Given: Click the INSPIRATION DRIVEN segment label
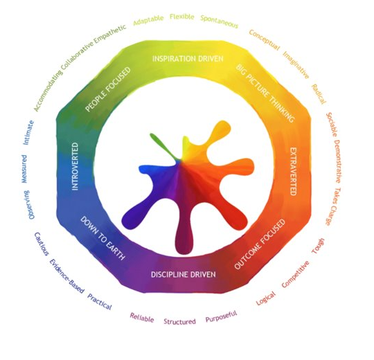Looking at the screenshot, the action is pos(188,59).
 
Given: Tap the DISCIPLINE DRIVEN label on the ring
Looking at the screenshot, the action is pos(183,274).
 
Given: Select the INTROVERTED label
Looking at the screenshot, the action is pos(75,166).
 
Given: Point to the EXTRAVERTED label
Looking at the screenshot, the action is pos(293,172).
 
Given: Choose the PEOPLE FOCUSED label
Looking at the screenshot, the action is pos(108,89).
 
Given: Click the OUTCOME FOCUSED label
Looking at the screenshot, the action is pos(260,244).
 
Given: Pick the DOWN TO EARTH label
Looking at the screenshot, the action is pos(103,238).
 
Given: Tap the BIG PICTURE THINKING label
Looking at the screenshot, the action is pos(265,93).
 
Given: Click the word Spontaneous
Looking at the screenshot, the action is pos(219,21).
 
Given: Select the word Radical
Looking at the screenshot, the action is pos(319,94).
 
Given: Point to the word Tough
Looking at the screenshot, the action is pos(318,246).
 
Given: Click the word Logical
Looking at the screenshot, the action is pos(266,298).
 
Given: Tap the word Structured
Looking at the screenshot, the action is pos(179,321).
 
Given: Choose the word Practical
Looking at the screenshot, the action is pos(100,302).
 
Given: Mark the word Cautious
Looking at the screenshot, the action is pos(42,244).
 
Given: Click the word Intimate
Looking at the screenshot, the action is pos(28,133).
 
